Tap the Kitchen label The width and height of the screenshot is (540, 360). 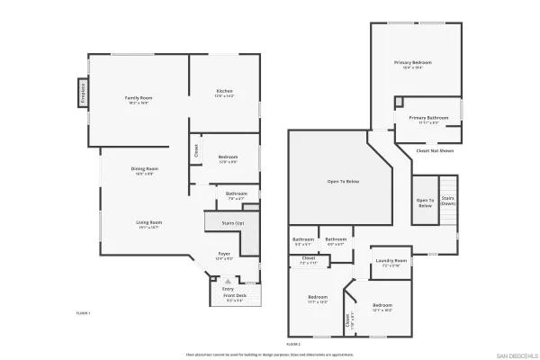tap(224, 91)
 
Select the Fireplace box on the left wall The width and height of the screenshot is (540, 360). tap(82, 94)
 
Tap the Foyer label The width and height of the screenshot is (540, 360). tap(224, 254)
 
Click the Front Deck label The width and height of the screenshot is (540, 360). tap(234, 296)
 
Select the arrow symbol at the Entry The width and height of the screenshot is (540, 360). tap(227, 281)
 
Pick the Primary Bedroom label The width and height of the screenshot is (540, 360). tap(412, 62)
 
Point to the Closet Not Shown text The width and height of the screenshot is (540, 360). tap(435, 150)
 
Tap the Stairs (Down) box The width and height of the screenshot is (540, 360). tap(448, 201)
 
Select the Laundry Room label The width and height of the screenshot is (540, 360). tap(391, 262)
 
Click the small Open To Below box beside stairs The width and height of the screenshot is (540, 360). tap(425, 203)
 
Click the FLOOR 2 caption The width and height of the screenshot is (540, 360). tap(292, 344)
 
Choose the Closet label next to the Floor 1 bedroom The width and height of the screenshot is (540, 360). tap(195, 151)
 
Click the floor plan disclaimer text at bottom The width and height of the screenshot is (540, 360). tap(269, 355)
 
